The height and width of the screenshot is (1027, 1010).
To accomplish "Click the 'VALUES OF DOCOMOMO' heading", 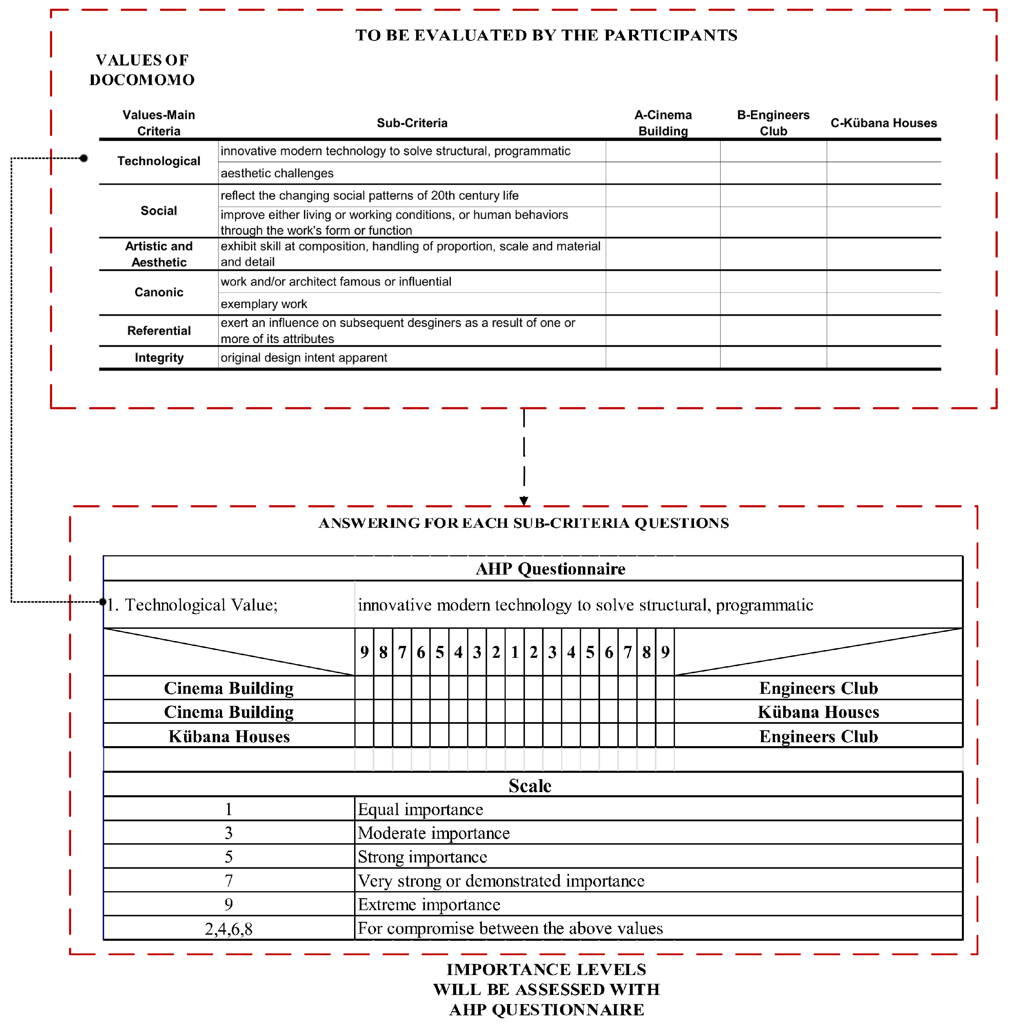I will point(142,69).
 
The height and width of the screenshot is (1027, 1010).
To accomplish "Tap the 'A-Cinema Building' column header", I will point(663,123).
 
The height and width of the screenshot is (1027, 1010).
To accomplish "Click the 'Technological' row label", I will point(158,161).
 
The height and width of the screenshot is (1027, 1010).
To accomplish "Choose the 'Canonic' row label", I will point(158,292).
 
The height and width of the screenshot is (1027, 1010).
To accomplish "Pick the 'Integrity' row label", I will point(158,358).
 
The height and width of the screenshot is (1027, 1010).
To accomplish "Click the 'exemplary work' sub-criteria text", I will point(264,304).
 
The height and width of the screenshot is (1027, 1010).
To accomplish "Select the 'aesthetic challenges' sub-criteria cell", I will point(277,173).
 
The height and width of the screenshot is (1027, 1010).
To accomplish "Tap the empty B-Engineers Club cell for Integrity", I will point(773,358).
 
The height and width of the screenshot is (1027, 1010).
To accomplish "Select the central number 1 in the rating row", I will point(515,652).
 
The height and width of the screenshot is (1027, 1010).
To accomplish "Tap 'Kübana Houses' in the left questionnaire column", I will point(229,736).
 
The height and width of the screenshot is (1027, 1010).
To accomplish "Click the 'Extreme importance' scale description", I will point(429,904).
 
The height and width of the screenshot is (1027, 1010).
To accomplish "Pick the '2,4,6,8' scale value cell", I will point(229,928).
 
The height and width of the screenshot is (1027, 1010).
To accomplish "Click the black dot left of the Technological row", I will point(84,158).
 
